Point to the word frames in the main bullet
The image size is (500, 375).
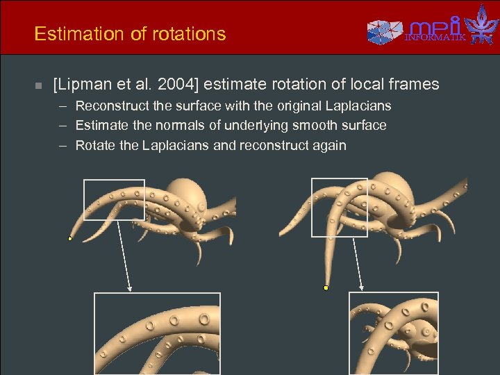[414, 85]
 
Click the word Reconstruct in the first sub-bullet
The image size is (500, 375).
[110, 106]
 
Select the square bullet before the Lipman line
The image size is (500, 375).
[39, 85]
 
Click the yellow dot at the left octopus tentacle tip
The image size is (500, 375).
[70, 238]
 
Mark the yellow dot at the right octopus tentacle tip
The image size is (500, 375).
[326, 287]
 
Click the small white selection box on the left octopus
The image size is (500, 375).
[114, 199]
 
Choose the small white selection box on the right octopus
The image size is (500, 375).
[340, 207]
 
